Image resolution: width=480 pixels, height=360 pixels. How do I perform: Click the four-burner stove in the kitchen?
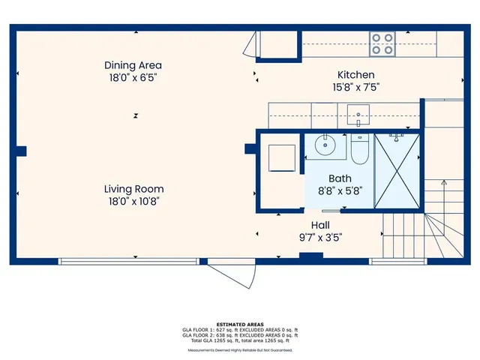click(382, 43)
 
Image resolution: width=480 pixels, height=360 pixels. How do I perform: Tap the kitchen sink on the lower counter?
click(359, 116)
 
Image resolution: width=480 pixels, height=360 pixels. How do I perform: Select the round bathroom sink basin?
click(325, 145)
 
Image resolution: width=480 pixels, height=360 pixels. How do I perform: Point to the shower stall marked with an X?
click(397, 169)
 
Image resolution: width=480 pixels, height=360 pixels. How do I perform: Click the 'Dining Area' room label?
click(133, 65)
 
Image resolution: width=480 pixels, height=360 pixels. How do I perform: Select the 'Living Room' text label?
click(133, 189)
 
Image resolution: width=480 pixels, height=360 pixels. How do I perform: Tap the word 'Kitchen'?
click(355, 75)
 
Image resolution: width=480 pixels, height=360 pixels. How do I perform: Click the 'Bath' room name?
click(339, 178)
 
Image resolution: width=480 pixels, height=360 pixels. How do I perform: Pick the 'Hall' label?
click(320, 225)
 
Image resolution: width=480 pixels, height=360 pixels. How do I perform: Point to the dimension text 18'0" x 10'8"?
click(133, 201)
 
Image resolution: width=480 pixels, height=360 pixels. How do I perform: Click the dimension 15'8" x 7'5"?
click(355, 87)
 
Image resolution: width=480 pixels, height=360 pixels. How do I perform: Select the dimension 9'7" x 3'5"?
click(320, 237)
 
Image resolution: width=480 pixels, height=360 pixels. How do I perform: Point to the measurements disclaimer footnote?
click(240, 349)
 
